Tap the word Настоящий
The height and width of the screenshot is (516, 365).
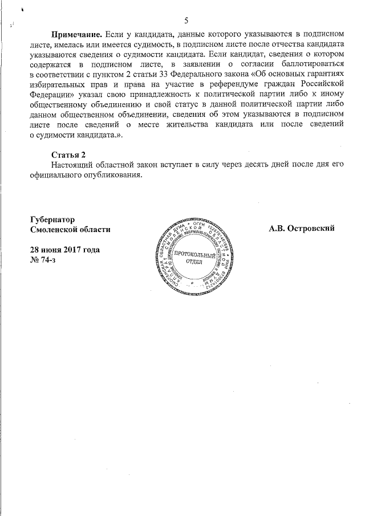(x=71, y=165)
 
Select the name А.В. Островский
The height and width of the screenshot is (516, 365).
(x=302, y=229)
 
